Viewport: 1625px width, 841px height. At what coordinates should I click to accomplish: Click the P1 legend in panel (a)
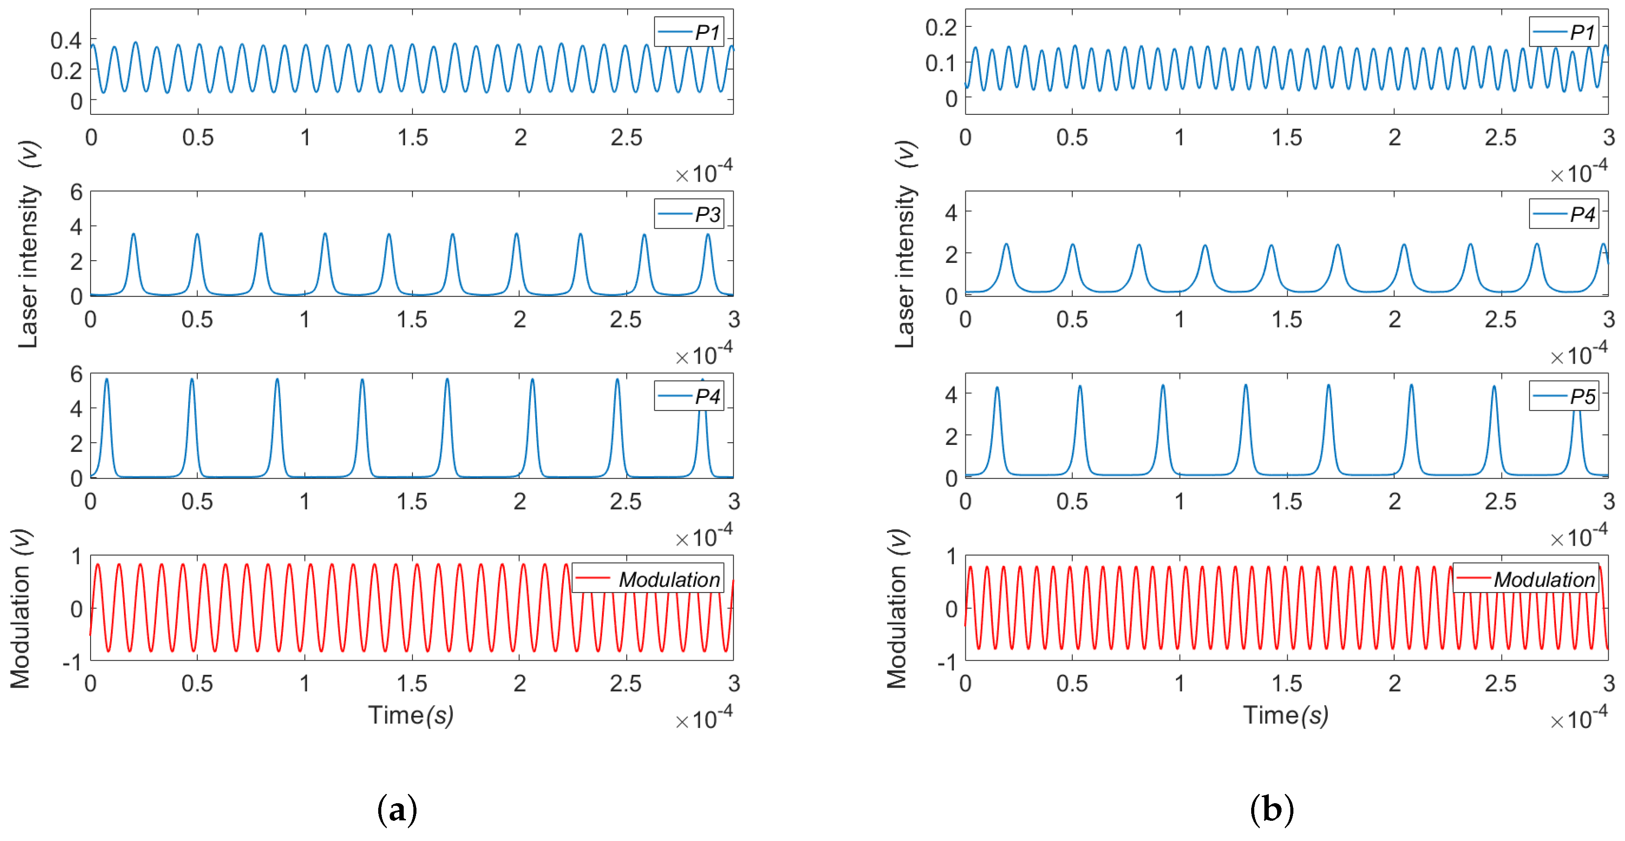point(688,32)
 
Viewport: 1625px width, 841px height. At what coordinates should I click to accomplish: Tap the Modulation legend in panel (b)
point(1525,579)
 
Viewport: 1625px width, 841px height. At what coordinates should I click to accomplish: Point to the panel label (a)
point(397,809)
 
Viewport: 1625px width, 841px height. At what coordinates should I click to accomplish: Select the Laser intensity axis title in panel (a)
point(29,244)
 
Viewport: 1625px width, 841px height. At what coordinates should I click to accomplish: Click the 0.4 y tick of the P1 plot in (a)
point(66,41)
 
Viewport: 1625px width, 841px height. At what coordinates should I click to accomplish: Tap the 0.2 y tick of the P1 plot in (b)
point(941,27)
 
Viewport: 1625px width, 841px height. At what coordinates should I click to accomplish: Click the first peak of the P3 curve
point(133,234)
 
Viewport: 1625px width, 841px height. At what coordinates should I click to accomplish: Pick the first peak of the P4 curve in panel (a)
point(106,379)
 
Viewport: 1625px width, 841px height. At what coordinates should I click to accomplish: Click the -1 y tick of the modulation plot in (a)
point(73,663)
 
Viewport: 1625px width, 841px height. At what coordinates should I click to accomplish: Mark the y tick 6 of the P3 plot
point(77,192)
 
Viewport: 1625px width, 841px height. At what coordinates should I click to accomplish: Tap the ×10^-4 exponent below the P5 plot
point(1578,537)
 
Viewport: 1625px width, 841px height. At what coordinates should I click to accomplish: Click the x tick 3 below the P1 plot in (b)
point(1608,138)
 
